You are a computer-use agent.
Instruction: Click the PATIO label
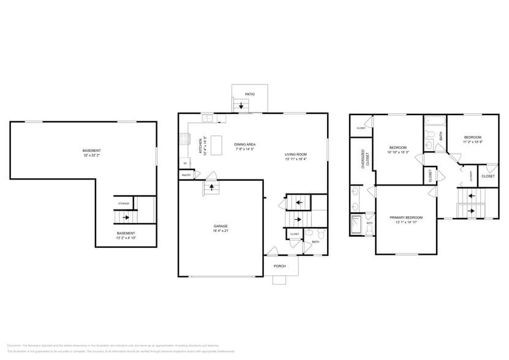coord(249,94)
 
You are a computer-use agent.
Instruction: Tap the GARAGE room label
coord(221,226)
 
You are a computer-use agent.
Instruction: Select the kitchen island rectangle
coord(217,145)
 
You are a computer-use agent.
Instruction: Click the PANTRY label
coord(186,176)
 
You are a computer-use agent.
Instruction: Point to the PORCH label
coord(280,266)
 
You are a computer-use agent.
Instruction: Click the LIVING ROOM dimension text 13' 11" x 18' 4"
coord(295,159)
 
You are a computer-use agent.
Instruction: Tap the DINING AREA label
coord(244,145)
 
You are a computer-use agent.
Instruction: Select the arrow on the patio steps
coord(241,106)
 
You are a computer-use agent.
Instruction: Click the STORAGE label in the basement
coord(123,203)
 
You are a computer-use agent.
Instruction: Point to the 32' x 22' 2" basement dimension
coord(92,156)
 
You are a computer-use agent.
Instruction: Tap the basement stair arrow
coord(126,217)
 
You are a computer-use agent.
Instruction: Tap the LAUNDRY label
coord(470,176)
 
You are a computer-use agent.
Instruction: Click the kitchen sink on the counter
coord(208,118)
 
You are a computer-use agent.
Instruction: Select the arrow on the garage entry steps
coord(212,187)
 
